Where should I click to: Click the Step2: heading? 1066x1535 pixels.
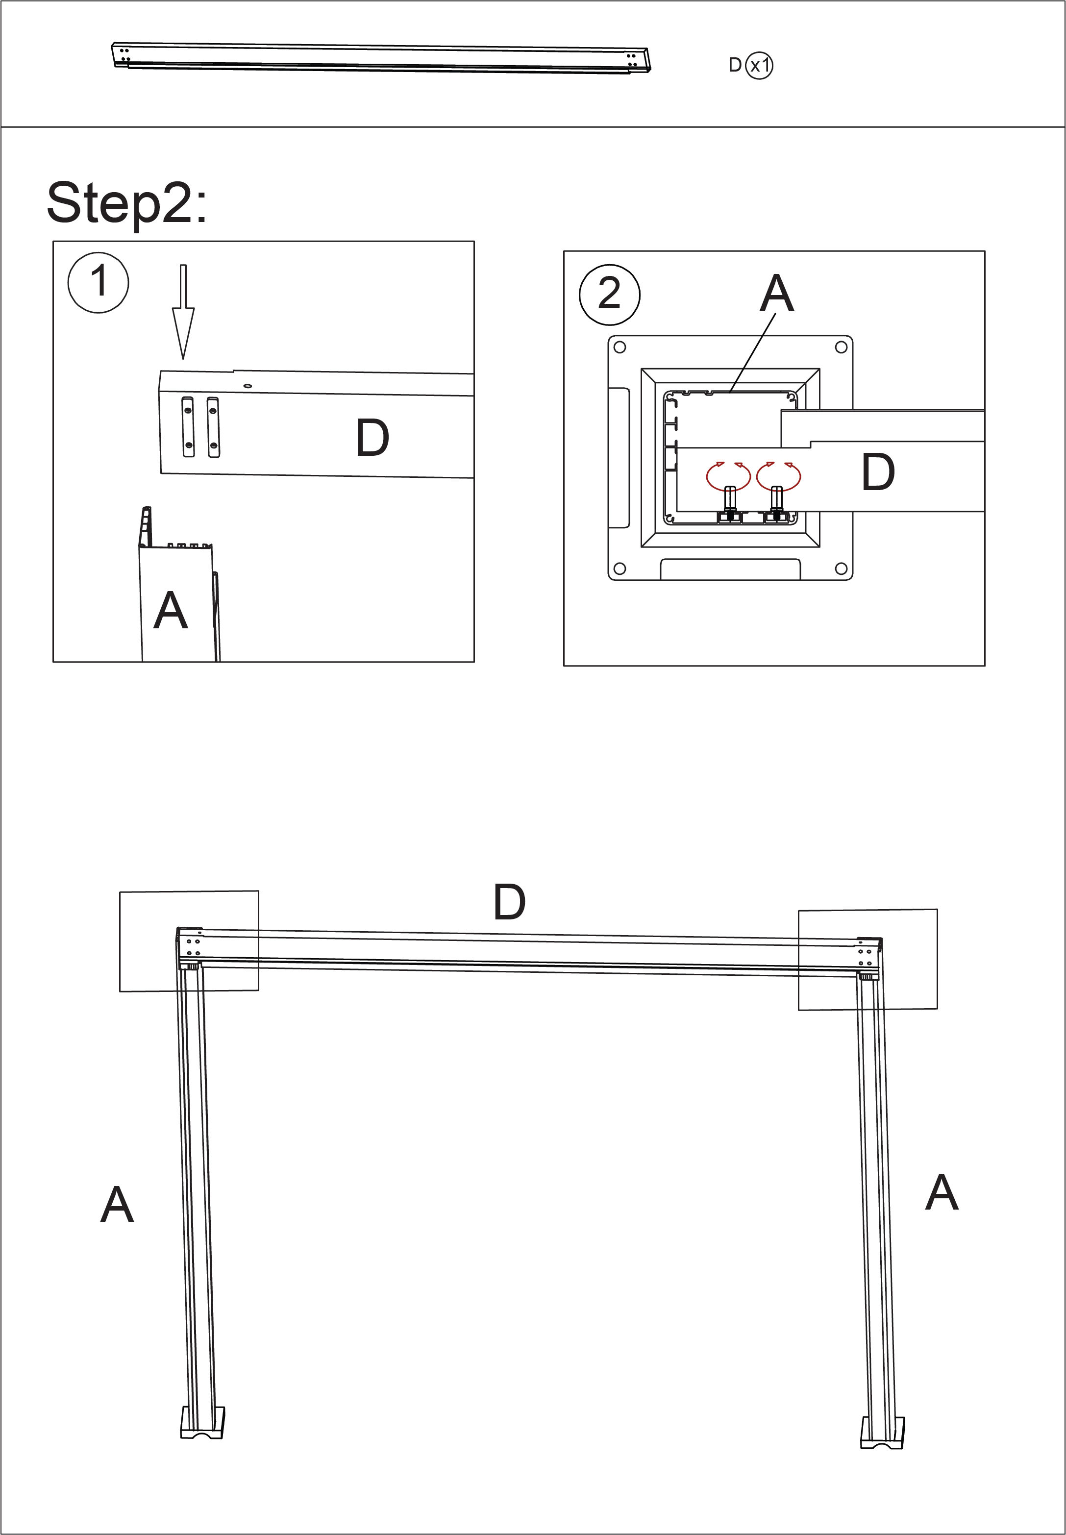click(127, 203)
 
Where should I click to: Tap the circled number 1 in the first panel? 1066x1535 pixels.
click(98, 282)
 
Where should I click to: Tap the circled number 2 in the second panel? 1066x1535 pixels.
click(609, 295)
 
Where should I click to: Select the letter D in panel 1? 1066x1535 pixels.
click(372, 438)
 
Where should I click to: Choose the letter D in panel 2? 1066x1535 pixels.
click(878, 472)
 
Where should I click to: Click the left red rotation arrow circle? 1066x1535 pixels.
click(728, 475)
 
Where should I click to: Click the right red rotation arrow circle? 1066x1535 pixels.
click(779, 475)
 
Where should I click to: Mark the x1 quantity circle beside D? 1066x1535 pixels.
click(759, 66)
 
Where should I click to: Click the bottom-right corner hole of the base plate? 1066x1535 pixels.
click(841, 569)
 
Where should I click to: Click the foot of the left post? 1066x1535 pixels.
click(202, 1423)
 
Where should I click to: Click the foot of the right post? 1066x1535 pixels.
click(882, 1434)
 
